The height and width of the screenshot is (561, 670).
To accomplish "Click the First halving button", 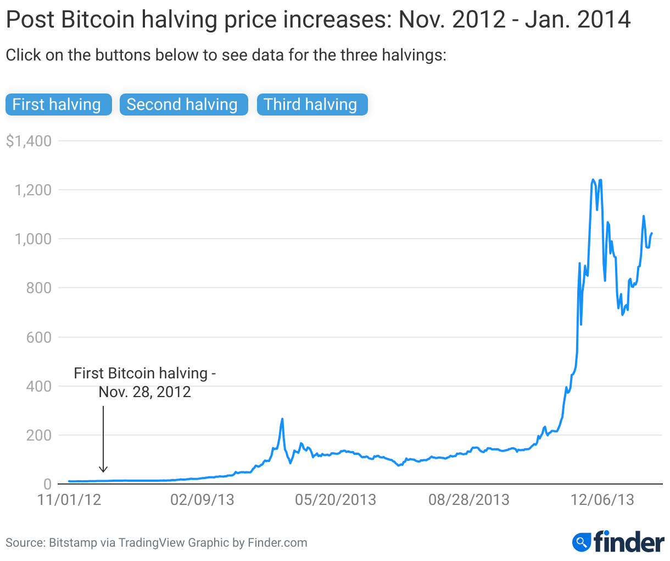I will tap(58, 105).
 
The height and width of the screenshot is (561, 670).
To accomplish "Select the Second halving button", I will tap(183, 105).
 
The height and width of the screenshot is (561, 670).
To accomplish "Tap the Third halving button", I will tap(311, 105).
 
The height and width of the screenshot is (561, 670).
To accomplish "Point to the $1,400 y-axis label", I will tap(29, 141).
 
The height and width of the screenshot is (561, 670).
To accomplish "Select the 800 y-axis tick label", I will tap(39, 288).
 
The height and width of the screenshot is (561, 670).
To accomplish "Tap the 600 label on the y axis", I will tap(39, 337).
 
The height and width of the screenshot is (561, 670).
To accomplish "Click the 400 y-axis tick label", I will tap(39, 386).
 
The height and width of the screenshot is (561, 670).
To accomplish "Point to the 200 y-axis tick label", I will tap(39, 435).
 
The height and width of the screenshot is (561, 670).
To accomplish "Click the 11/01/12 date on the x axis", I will tap(69, 500).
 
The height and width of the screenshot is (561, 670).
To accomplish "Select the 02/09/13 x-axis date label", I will tap(202, 500).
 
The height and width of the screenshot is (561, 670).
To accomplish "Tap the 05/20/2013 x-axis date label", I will tap(336, 500).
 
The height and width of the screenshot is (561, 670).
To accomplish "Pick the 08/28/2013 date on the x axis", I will tap(469, 500).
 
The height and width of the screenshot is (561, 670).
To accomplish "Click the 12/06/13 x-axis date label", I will tap(602, 500).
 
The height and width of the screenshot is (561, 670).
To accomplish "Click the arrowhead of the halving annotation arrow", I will tap(103, 470).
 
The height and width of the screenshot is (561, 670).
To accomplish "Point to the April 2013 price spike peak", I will tap(282, 419).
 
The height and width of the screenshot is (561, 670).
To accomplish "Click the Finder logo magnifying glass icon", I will tap(581, 542).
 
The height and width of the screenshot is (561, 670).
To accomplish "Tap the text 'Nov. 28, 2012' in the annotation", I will tap(145, 392).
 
